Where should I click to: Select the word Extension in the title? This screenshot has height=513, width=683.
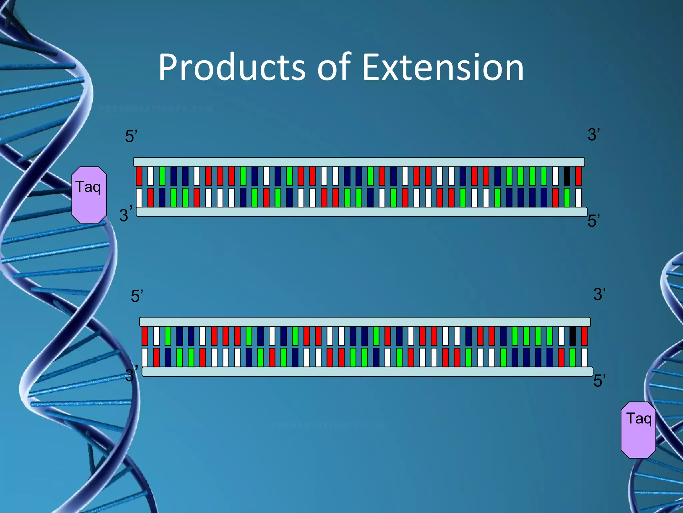pyautogui.click(x=443, y=67)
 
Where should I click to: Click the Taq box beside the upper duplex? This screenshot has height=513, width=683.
pyautogui.click(x=89, y=195)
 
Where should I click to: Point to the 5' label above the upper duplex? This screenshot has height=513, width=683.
pyautogui.click(x=131, y=137)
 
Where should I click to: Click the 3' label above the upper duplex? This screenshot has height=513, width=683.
pyautogui.click(x=594, y=135)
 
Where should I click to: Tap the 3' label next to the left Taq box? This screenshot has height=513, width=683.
pyautogui.click(x=125, y=214)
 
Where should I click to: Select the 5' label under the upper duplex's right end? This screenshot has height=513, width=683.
pyautogui.click(x=594, y=221)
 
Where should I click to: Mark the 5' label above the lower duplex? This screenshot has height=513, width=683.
pyautogui.click(x=137, y=296)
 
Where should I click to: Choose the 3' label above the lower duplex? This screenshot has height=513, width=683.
pyautogui.click(x=599, y=294)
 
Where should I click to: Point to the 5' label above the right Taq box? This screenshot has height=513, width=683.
pyautogui.click(x=599, y=381)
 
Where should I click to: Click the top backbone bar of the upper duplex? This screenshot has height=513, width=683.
pyautogui.click(x=359, y=162)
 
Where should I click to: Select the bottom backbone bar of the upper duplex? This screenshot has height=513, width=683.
pyautogui.click(x=362, y=212)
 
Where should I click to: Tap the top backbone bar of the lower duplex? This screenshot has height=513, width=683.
pyautogui.click(x=365, y=322)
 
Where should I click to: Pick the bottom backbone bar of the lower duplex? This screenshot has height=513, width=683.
pyautogui.click(x=367, y=371)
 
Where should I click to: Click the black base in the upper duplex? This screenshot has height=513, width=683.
pyautogui.click(x=567, y=176)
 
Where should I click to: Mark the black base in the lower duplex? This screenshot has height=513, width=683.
pyautogui.click(x=572, y=336)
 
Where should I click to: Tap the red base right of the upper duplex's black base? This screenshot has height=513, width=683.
pyautogui.click(x=578, y=176)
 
